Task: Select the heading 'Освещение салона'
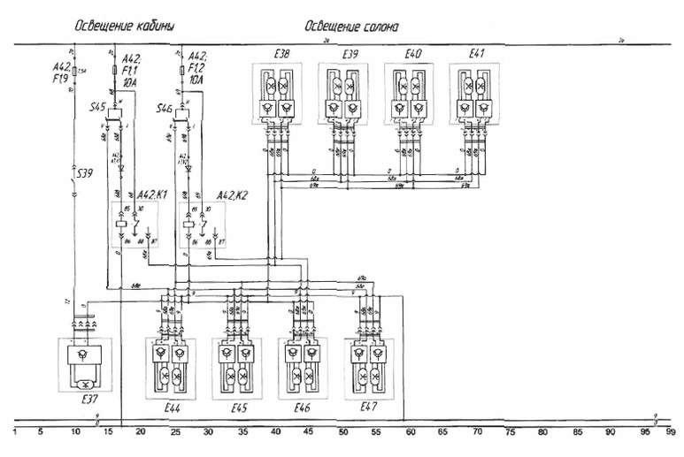coord(350,27)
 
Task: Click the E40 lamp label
coord(412,55)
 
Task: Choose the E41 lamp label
coord(477,55)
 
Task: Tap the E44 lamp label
coord(173,408)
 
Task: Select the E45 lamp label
coord(239,408)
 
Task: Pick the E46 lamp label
coord(304,408)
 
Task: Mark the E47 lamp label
coord(369,407)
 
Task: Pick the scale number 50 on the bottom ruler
coord(342,433)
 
